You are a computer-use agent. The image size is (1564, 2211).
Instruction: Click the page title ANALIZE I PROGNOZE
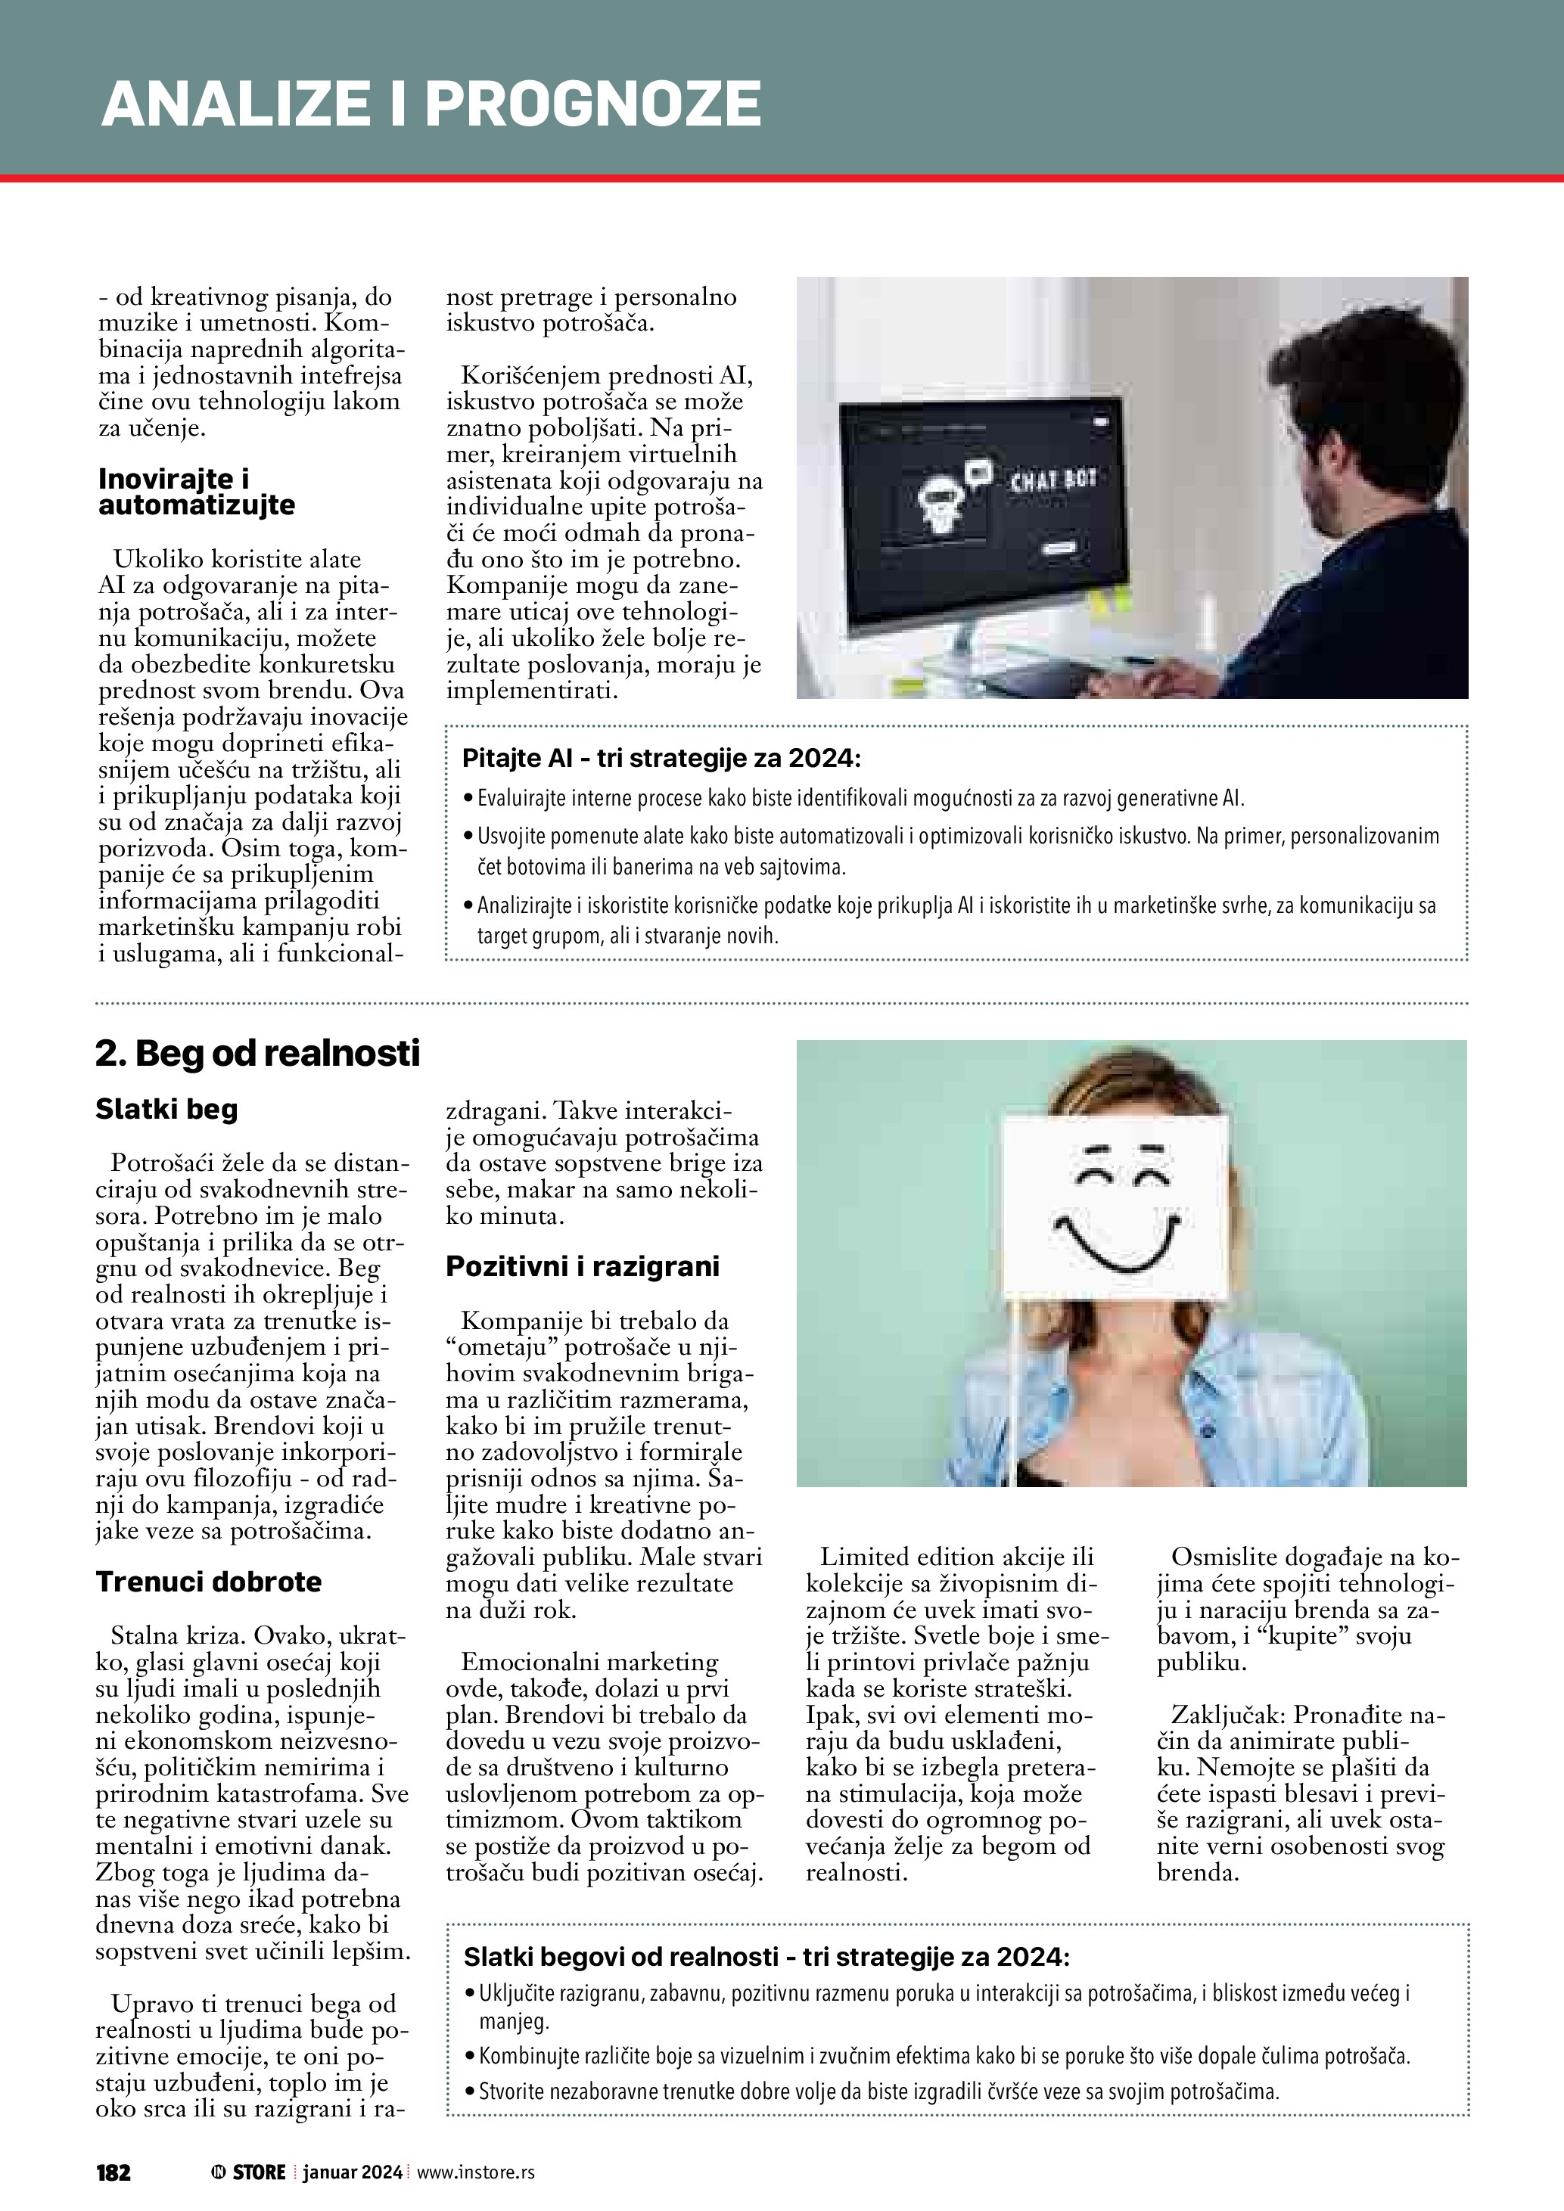pyautogui.click(x=431, y=104)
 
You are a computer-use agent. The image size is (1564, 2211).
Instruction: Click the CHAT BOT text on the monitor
pyautogui.click(x=1053, y=480)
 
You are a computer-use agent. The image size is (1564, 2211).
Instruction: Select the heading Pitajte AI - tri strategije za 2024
pyautogui.click(x=661, y=759)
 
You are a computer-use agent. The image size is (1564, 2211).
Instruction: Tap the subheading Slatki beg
pyautogui.click(x=166, y=1110)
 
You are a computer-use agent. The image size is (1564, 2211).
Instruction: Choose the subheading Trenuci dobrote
pyautogui.click(x=208, y=1581)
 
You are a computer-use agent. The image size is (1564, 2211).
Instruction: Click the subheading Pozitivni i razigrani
pyautogui.click(x=582, y=1266)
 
